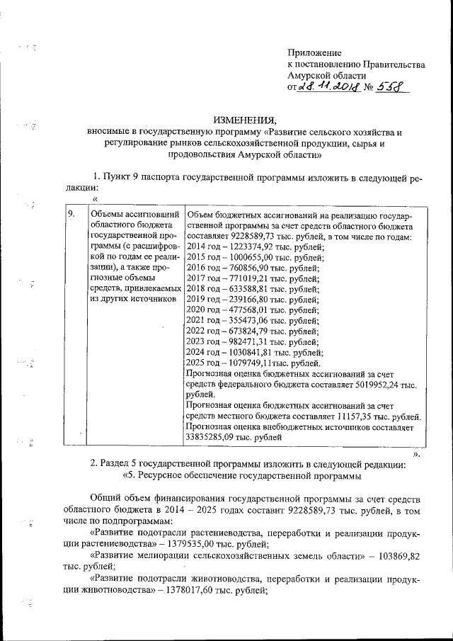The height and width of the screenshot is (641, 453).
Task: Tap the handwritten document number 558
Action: tap(389, 86)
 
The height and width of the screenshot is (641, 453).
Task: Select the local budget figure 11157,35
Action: tap(344, 416)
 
